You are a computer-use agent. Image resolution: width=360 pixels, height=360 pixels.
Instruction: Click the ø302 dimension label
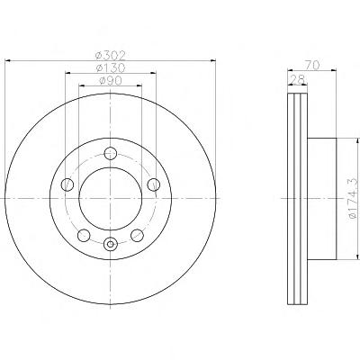110,56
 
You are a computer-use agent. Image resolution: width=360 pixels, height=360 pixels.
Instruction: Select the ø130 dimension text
110,67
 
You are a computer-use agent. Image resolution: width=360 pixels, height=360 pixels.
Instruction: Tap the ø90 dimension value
110,80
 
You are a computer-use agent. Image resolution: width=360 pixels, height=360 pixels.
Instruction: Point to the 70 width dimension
312,65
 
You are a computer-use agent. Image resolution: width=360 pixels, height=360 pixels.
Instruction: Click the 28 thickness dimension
298,79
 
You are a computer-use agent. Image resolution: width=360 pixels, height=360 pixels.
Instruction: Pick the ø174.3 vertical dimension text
353,198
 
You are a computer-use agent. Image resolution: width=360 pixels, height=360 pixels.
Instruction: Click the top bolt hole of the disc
111,153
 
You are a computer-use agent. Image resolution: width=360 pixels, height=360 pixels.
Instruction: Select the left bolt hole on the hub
67,184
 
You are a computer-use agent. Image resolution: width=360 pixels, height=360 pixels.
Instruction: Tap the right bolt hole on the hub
154,184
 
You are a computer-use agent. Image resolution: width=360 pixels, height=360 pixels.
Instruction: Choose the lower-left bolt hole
84,235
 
